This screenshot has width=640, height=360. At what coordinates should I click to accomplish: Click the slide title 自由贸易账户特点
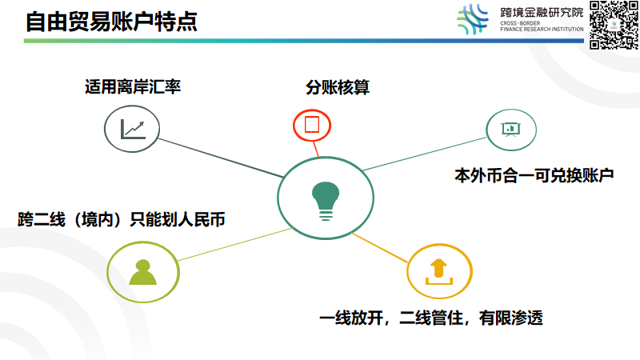pyautogui.click(x=111, y=22)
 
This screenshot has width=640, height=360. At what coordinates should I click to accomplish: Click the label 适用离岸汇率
pyautogui.click(x=132, y=86)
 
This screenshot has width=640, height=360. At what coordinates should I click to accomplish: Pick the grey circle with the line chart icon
pyautogui.click(x=132, y=128)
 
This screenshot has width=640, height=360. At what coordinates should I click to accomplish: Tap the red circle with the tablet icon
pyautogui.click(x=312, y=126)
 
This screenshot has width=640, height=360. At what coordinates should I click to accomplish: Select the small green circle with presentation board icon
pyautogui.click(x=511, y=128)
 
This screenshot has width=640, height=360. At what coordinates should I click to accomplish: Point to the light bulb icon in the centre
pyautogui.click(x=324, y=198)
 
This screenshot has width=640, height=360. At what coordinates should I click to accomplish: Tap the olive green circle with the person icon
pyautogui.click(x=142, y=270)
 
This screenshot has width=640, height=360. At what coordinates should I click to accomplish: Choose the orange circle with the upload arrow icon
pyautogui.click(x=439, y=270)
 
